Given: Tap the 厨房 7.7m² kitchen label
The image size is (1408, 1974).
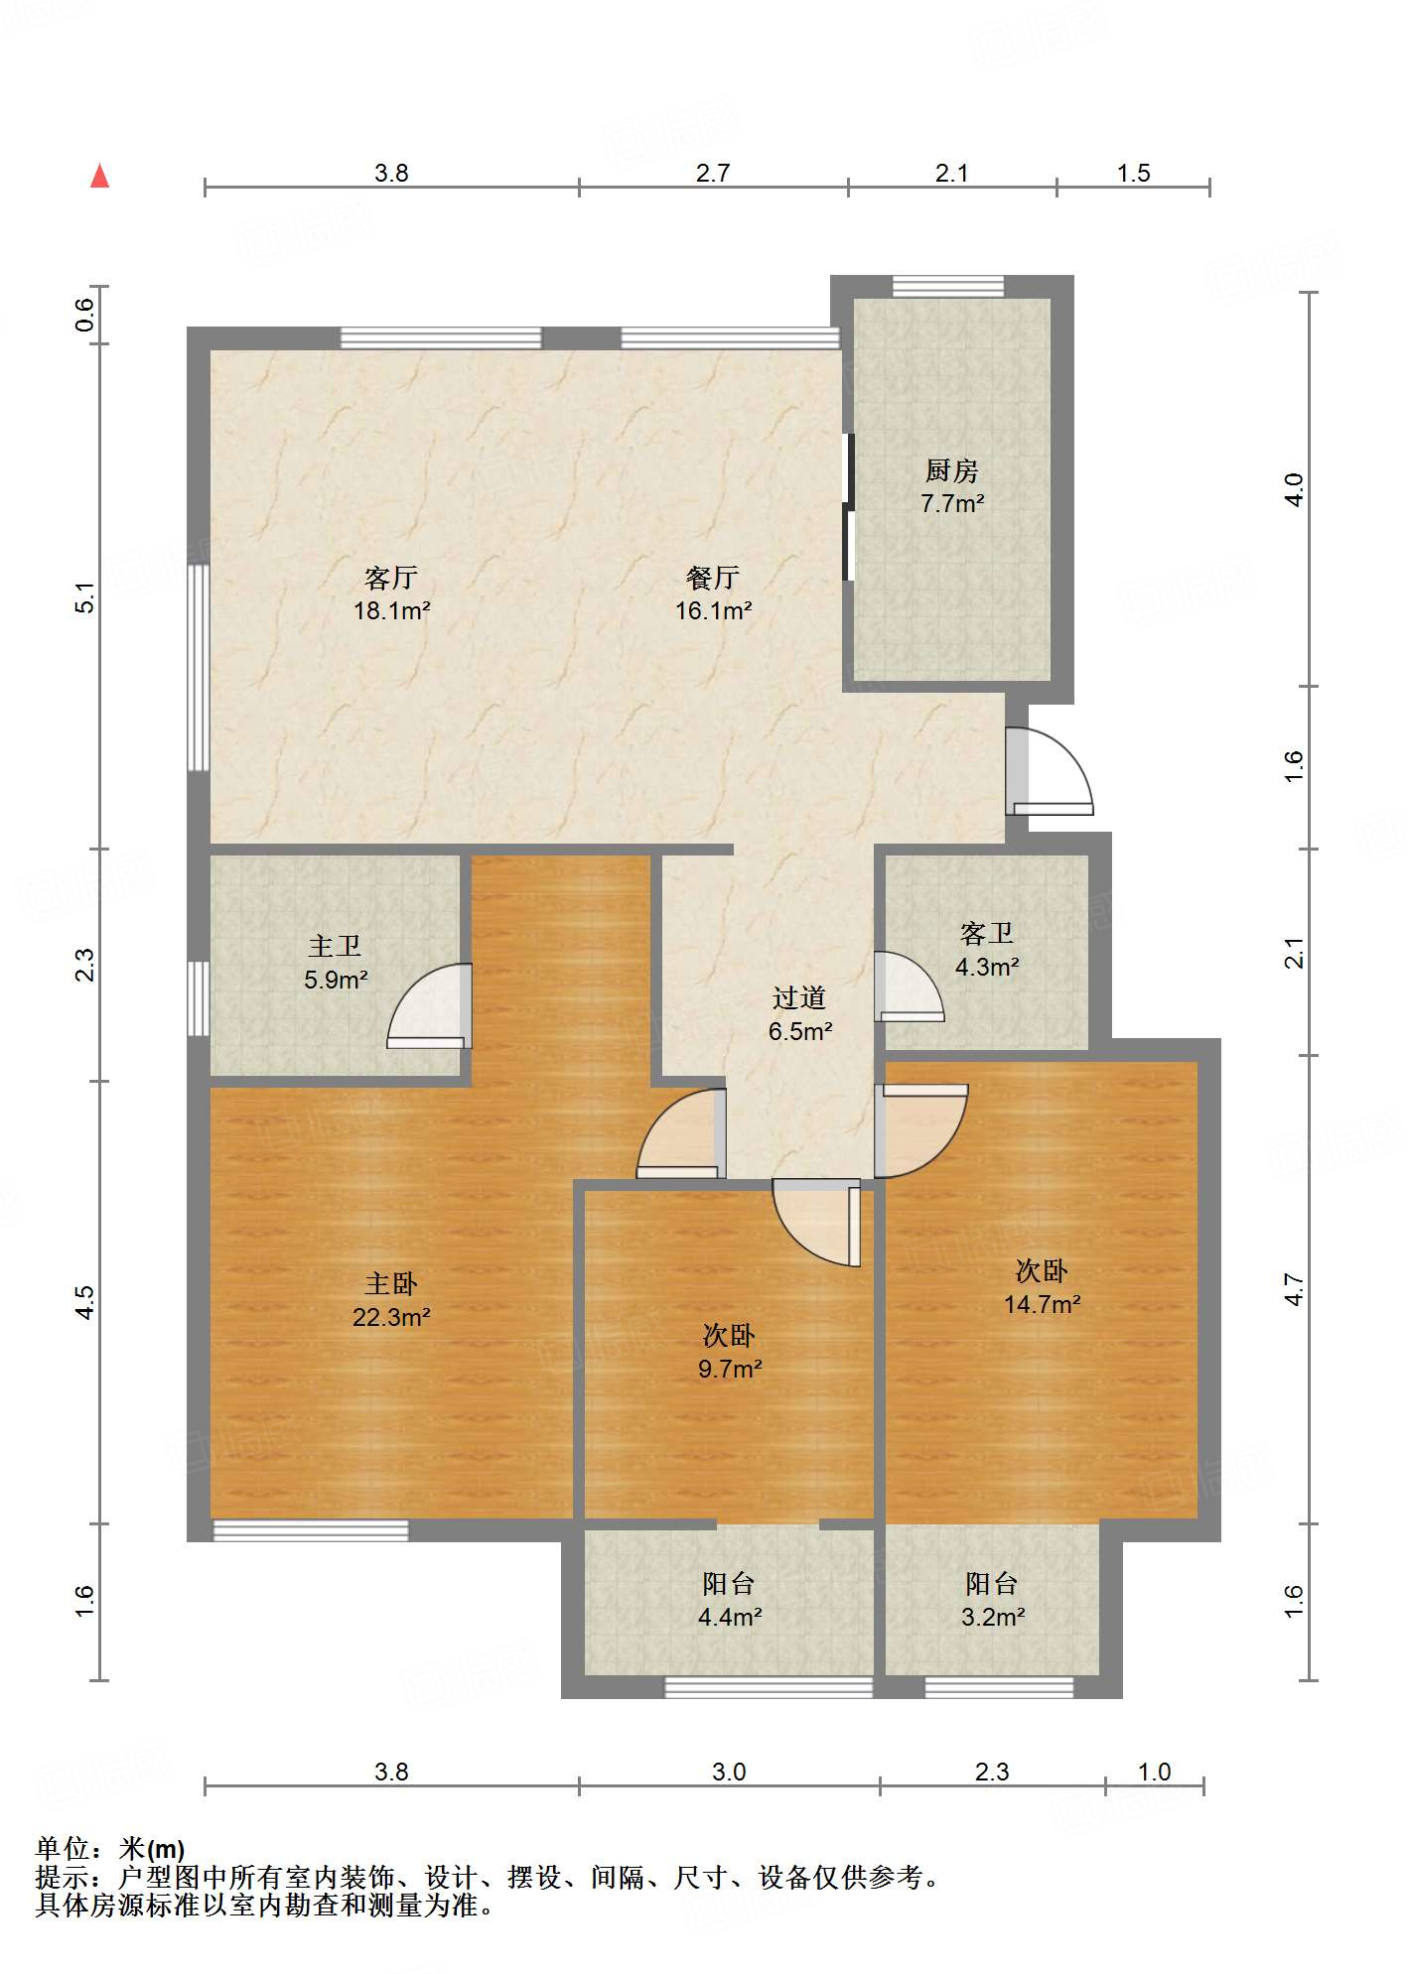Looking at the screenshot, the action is (x=952, y=486).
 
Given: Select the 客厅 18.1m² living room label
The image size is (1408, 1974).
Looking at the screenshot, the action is (x=391, y=593).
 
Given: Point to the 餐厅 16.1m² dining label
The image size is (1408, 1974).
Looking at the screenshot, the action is (x=713, y=593).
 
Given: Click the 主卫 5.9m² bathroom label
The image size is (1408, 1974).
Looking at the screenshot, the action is (x=336, y=963).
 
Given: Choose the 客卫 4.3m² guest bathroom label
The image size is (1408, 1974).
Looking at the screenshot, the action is (x=987, y=950).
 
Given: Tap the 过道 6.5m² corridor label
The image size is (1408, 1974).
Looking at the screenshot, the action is (x=799, y=1014).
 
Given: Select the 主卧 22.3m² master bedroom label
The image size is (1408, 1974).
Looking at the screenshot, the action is (x=391, y=1300).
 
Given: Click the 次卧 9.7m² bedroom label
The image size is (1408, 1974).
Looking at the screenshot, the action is (x=730, y=1352).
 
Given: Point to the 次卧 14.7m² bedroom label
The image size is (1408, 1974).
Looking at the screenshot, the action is (x=1042, y=1287).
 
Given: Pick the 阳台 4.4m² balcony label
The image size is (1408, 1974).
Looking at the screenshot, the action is (x=730, y=1600).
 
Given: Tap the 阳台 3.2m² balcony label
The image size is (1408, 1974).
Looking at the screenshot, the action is (x=993, y=1600).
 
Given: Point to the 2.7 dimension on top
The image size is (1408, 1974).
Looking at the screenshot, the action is (x=713, y=173).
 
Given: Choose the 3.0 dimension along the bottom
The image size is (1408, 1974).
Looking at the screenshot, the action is (x=729, y=1772).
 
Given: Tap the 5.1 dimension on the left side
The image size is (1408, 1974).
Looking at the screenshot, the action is (x=85, y=596).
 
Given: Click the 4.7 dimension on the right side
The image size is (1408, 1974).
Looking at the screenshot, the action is (x=1293, y=1288).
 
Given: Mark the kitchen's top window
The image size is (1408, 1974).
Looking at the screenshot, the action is (x=947, y=286).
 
